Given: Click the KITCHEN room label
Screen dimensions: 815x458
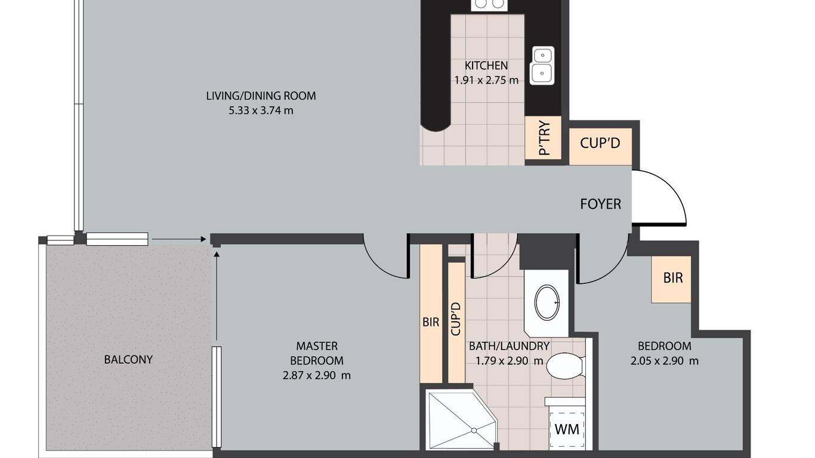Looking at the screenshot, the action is (486, 66).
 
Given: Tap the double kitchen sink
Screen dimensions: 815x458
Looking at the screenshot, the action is (542, 66).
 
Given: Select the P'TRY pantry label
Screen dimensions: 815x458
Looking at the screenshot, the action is (545, 138).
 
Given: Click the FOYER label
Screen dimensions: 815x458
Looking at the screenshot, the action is (600, 204).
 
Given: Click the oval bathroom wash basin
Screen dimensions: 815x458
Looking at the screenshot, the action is (547, 303).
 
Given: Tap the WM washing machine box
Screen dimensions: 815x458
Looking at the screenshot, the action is (567, 429).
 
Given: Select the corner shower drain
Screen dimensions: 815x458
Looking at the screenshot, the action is (474, 431).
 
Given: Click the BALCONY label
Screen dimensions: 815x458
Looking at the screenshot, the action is (128, 360).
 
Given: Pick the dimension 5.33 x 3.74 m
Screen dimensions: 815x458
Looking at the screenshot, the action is (261, 110).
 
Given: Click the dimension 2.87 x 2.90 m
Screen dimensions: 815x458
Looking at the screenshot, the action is (317, 375).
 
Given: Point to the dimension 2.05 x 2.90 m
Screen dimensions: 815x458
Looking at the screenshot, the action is (665, 361).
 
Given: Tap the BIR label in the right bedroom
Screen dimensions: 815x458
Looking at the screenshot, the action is (673, 278).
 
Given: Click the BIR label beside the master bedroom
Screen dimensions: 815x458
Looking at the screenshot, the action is (431, 322).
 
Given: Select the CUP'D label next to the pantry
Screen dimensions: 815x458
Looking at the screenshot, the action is (600, 143).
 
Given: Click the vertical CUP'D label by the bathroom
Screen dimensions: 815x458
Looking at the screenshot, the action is (456, 319).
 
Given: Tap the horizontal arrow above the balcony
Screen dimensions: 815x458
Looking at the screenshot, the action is (179, 239).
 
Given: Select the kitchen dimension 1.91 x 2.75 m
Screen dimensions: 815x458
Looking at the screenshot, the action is (486, 80).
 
